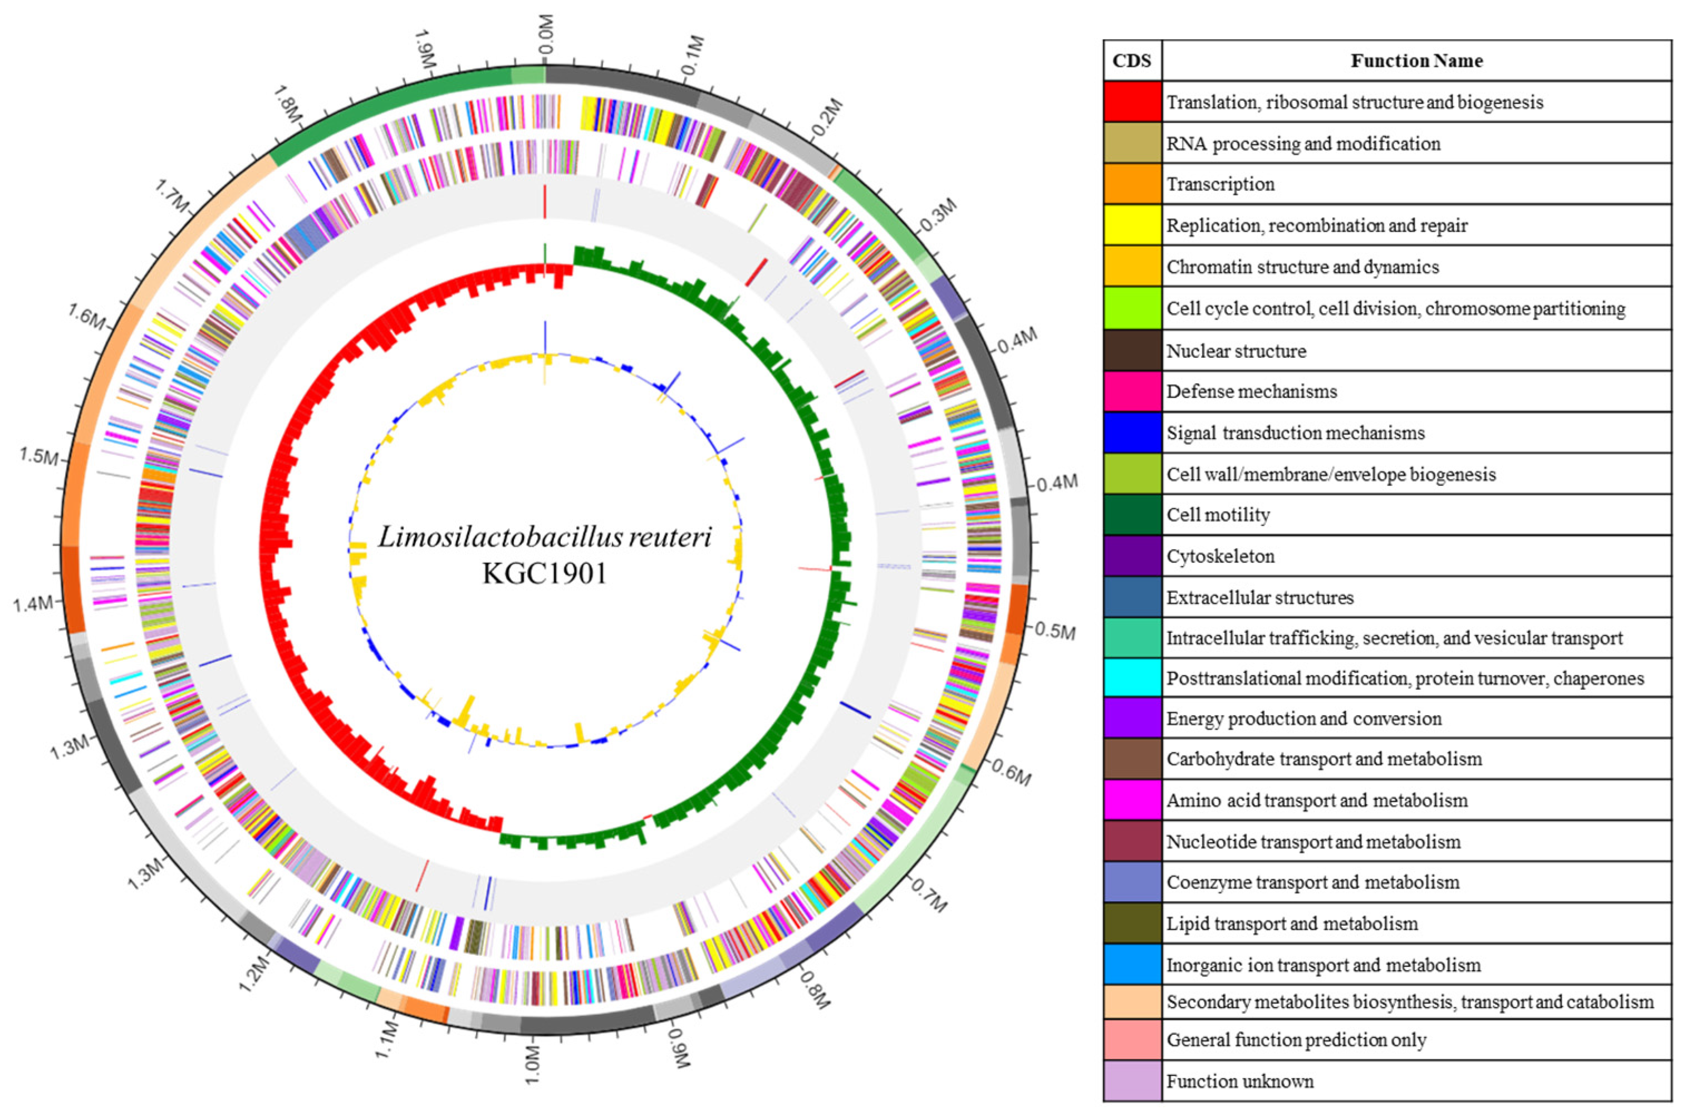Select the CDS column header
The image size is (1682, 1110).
tap(1132, 61)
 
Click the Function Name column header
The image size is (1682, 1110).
tap(1416, 61)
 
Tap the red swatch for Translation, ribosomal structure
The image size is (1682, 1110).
tap(1132, 102)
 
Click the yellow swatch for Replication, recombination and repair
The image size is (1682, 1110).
tap(1132, 225)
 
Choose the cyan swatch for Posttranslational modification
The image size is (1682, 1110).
tap(1132, 678)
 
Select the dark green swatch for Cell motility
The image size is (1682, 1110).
tap(1132, 515)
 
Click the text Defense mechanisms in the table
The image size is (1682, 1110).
tap(1252, 391)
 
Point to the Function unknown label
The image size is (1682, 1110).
tap(1239, 1081)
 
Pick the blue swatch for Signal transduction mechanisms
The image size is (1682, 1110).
tap(1132, 433)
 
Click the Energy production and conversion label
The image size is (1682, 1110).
tap(1304, 719)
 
